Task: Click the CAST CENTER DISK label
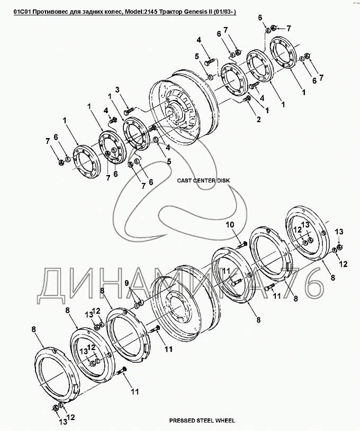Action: (204, 180)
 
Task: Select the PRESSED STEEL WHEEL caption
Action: (198, 421)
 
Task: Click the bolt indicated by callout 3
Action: (129, 112)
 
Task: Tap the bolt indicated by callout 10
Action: (242, 244)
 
